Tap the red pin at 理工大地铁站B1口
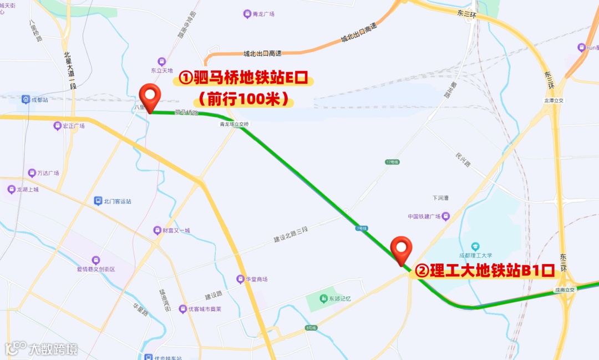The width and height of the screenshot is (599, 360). (401, 250)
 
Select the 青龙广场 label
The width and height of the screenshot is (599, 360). (259, 14)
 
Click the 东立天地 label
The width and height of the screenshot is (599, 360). (162, 70)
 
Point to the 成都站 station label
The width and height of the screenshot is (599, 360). (39, 100)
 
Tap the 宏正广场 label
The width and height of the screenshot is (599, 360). (73, 126)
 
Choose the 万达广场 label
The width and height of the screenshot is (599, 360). (48, 173)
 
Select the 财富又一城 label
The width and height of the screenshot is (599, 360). (176, 230)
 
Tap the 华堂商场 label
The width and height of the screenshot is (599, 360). (256, 279)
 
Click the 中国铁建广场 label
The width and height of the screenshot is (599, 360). (424, 216)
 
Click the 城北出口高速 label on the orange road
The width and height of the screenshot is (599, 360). (262, 53)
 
